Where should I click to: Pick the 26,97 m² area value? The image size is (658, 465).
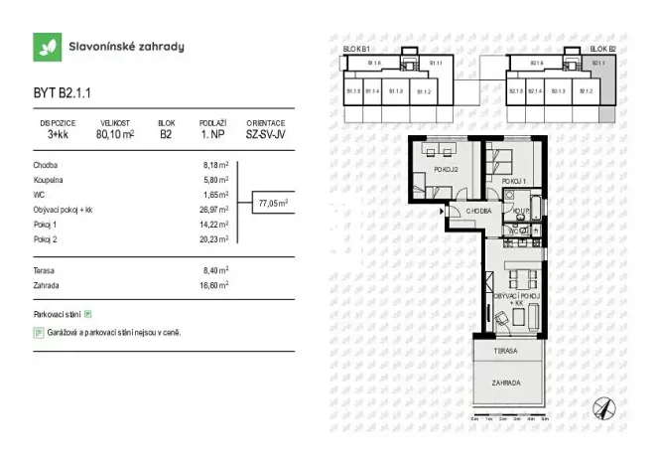point(215,211)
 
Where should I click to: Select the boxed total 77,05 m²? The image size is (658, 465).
point(273,203)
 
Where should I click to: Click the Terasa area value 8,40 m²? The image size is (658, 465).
point(215,268)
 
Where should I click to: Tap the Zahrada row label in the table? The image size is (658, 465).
point(48,283)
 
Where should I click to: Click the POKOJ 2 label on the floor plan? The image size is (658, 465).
point(444,170)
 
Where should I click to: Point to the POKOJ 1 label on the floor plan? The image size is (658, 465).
point(513,181)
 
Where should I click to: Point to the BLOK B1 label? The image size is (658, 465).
point(356,48)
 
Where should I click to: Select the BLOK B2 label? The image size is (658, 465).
point(602,48)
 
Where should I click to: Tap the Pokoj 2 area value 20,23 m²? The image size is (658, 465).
point(215,239)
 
